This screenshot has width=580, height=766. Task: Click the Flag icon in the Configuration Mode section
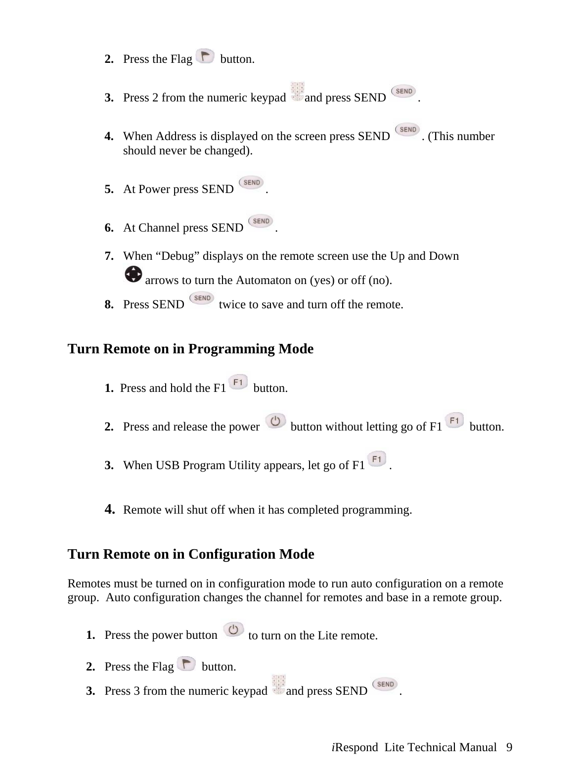[x=186, y=664]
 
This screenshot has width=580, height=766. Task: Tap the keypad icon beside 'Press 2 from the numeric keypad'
[x=297, y=92]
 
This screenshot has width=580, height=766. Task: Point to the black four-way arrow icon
[x=133, y=274]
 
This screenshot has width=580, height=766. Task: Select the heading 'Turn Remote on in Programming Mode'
[x=190, y=349]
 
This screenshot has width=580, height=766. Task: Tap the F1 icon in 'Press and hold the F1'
[x=239, y=383]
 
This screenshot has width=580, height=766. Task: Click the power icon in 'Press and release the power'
[x=275, y=421]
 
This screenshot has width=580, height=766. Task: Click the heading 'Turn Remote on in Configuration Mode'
[x=190, y=554]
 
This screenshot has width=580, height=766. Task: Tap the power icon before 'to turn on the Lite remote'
[x=233, y=630]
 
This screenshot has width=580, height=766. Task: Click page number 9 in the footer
[x=509, y=748]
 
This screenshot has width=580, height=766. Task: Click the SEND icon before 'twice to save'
[x=202, y=298]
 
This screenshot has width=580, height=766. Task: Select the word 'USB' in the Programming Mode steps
[x=167, y=466]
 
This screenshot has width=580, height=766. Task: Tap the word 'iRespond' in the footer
[x=354, y=748]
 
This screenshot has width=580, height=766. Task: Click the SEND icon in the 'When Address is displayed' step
[x=407, y=130]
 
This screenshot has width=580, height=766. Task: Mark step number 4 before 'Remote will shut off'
[x=110, y=509]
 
